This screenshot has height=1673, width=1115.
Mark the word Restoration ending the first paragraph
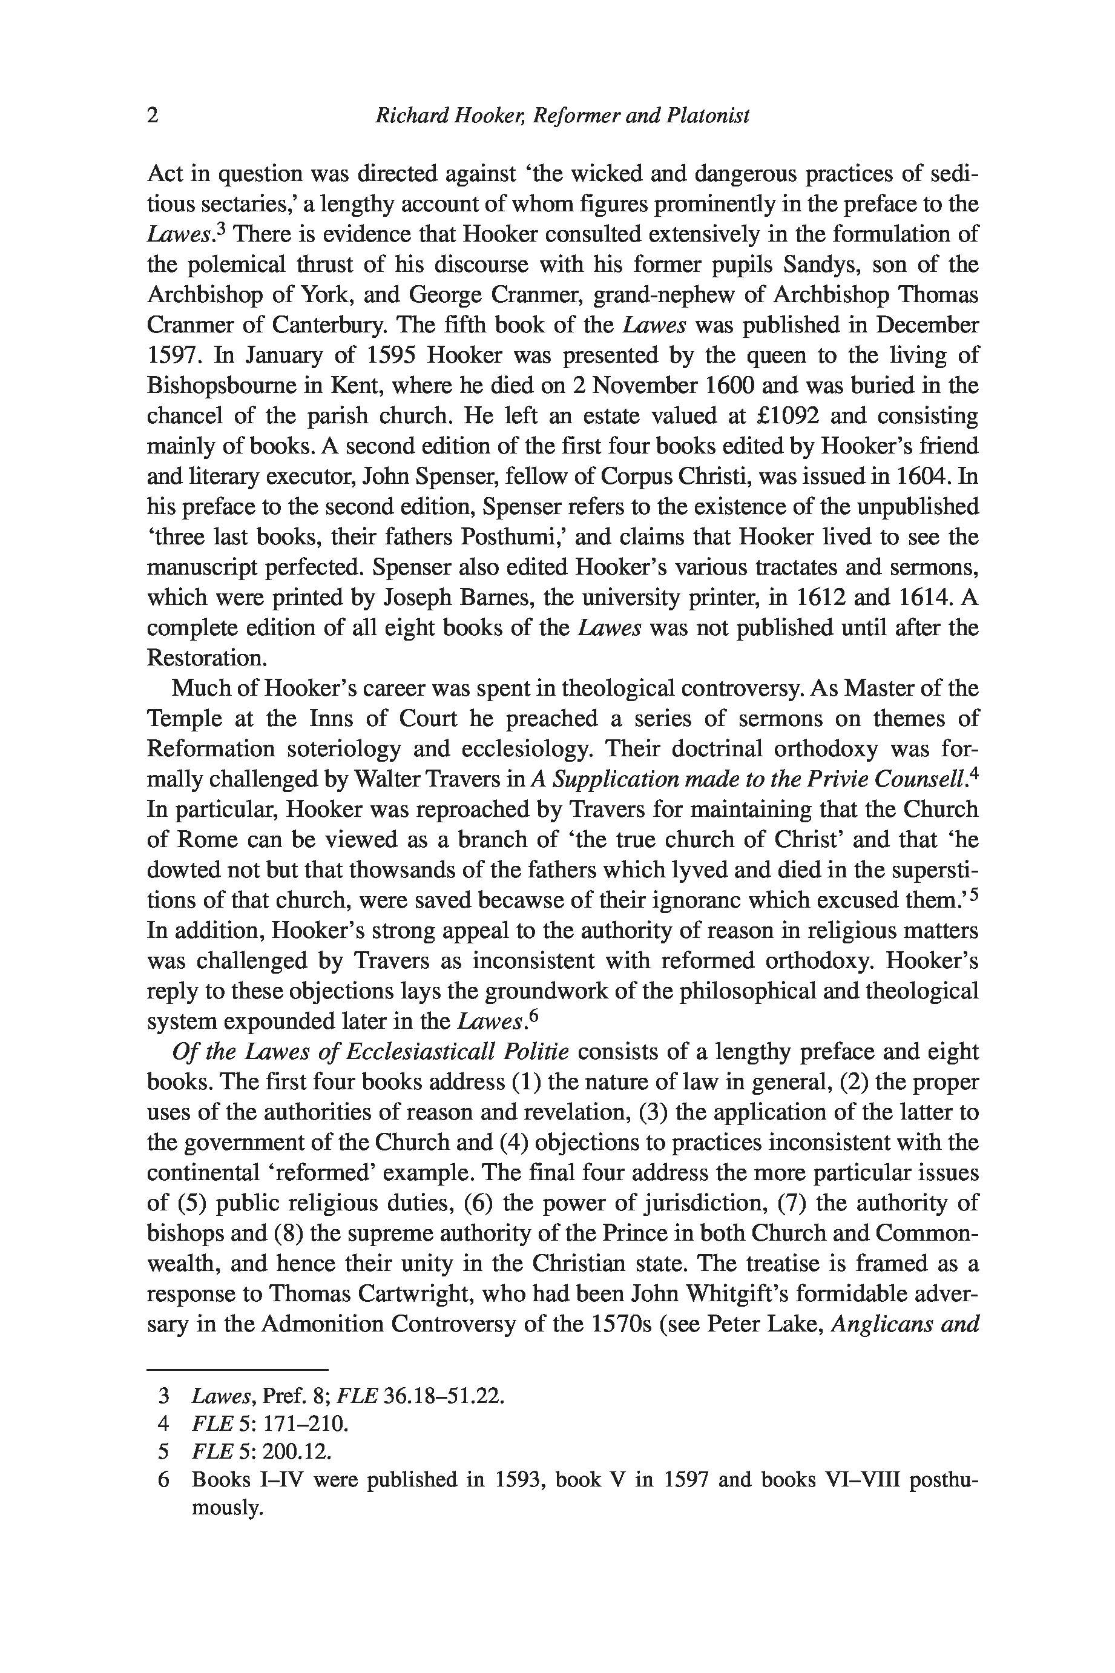(x=206, y=658)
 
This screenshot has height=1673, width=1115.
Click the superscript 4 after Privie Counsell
(x=974, y=774)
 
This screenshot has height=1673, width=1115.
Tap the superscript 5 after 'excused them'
(x=974, y=895)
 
